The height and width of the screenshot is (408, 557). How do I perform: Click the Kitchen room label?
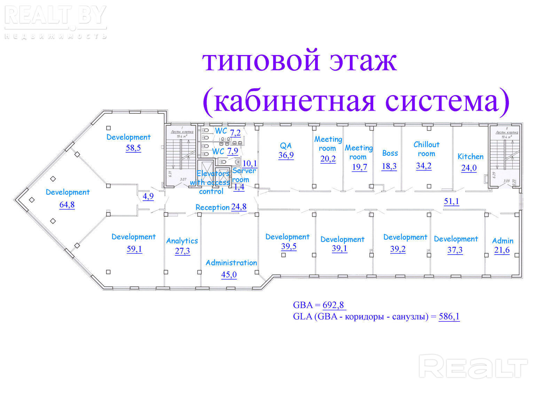tap(470, 157)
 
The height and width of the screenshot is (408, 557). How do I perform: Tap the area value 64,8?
tap(67, 205)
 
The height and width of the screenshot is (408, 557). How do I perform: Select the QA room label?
tap(286, 145)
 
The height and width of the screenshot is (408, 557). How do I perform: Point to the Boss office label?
tap(390, 153)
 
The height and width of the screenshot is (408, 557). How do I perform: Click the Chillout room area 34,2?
tap(424, 166)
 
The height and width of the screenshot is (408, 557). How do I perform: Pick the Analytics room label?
tap(182, 241)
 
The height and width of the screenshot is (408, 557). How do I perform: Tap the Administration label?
tap(231, 263)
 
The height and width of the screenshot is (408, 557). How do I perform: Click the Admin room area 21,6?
tap(502, 250)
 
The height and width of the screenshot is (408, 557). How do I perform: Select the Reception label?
tap(212, 207)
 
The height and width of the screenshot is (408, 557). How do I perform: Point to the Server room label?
tap(244, 175)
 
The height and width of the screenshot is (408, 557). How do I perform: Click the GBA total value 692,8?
tap(334, 305)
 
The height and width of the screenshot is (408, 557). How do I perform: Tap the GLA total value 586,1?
tap(449, 316)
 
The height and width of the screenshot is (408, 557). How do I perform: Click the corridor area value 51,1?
tap(451, 201)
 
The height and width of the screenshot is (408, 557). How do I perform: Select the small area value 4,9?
tap(148, 196)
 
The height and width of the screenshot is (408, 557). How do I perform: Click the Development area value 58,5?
tap(133, 148)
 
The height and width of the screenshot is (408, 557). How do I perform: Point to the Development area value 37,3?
tap(455, 250)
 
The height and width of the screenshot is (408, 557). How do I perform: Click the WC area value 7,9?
tap(233, 151)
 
